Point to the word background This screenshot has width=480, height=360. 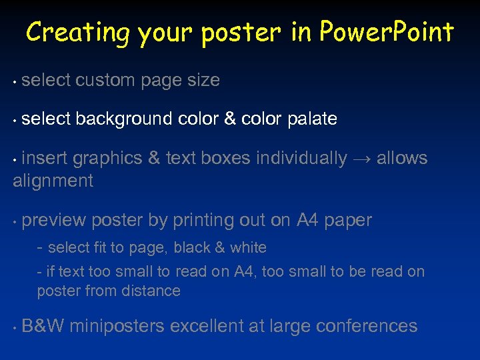[125, 119]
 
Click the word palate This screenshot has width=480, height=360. [313, 119]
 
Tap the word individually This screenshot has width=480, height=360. [301, 159]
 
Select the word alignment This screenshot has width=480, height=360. [53, 181]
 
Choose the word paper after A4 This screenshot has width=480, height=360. [348, 221]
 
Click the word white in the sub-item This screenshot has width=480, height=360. [248, 248]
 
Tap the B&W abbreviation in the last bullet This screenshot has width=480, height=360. [43, 326]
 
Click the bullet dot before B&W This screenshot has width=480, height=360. [15, 328]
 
